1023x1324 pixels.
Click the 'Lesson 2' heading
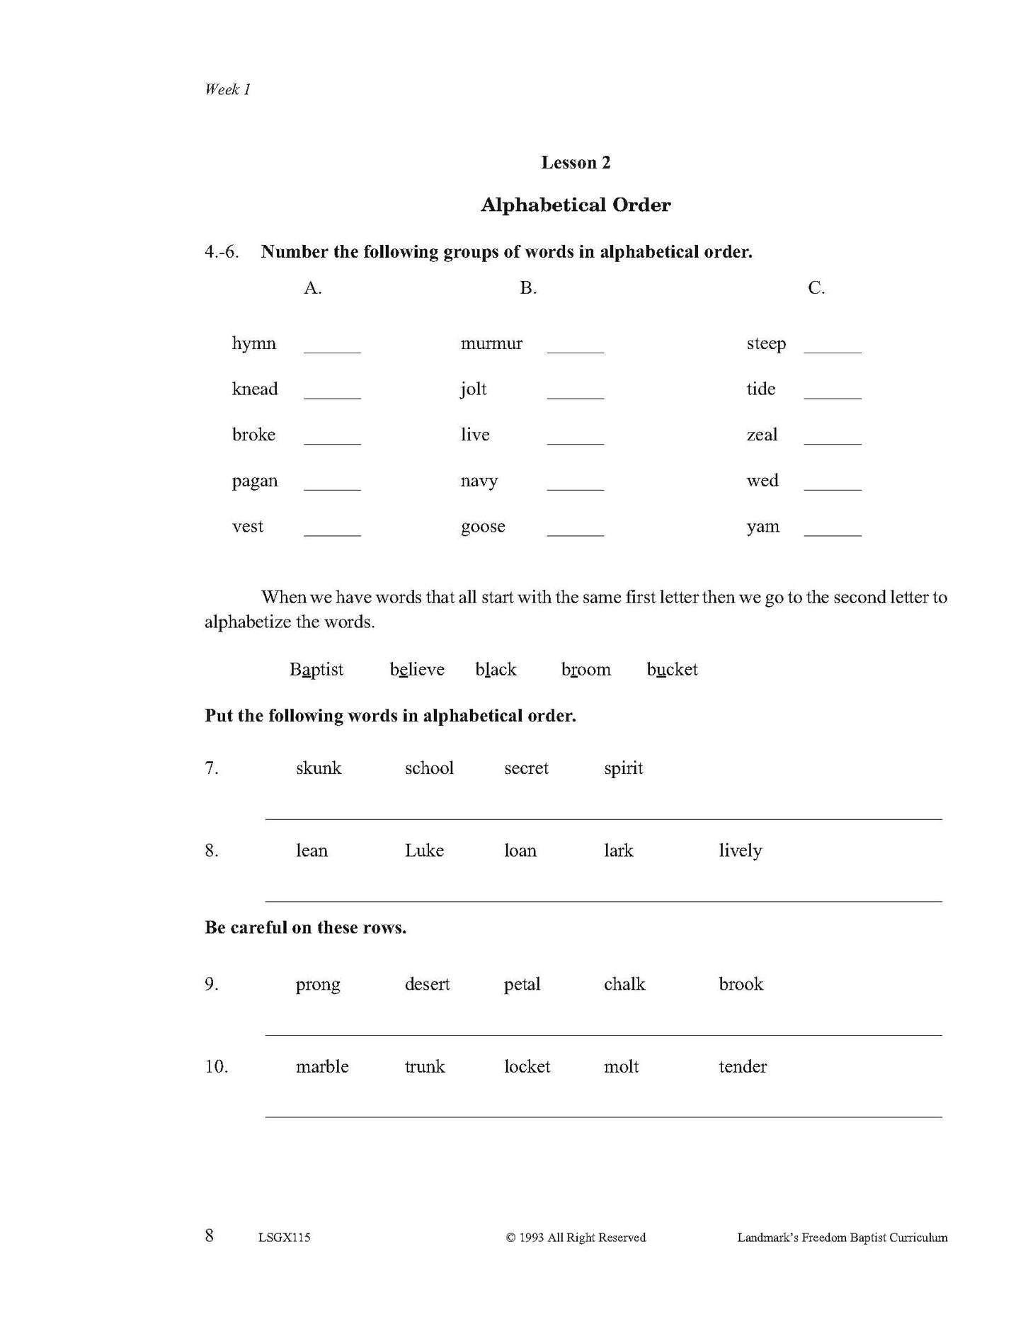[x=575, y=163]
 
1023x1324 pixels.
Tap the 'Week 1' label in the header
[x=227, y=89]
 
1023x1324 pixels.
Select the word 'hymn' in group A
[x=253, y=344]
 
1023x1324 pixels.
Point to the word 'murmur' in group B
[x=491, y=344]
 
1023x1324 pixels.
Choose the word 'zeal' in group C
[x=762, y=435]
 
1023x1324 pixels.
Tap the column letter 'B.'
[x=528, y=288]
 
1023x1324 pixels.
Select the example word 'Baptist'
[x=316, y=670]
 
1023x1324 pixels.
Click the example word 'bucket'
[x=672, y=670]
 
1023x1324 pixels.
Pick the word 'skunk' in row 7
[x=319, y=768]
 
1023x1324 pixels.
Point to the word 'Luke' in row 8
[x=424, y=850]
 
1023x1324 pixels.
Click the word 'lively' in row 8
[x=740, y=851]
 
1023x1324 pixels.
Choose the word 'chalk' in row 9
[x=624, y=984]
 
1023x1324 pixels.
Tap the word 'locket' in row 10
[x=527, y=1066]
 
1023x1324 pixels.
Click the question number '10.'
[x=217, y=1066]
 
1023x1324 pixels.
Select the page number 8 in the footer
[x=209, y=1235]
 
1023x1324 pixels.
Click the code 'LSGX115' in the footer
[x=285, y=1238]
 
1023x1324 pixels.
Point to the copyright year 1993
[x=531, y=1238]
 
